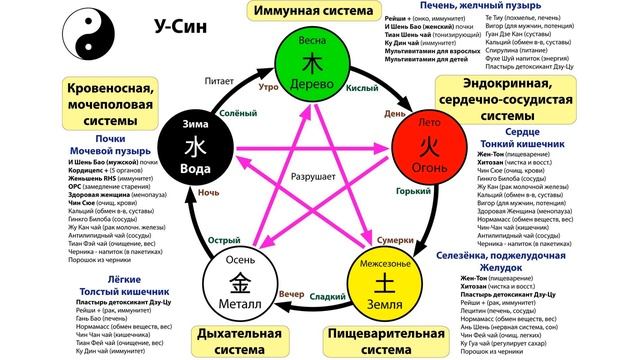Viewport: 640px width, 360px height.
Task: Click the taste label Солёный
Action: (231, 113)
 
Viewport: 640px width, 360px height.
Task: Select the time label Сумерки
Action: (393, 241)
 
